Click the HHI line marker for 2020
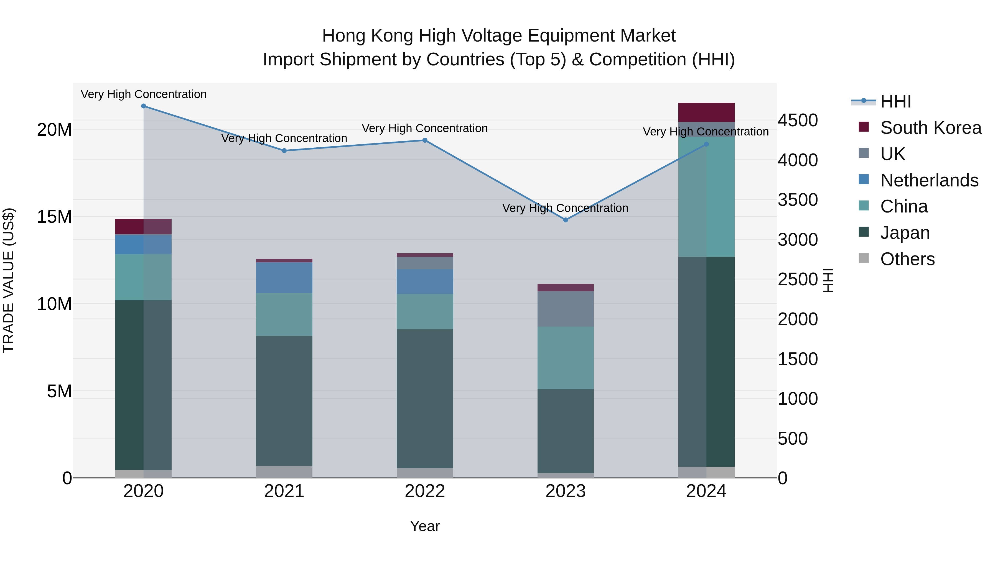pos(143,106)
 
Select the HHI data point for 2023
pos(565,220)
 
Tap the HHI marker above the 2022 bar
pos(425,140)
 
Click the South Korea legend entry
pos(931,128)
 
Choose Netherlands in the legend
pos(929,180)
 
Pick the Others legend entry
pos(907,259)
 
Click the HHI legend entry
pos(895,101)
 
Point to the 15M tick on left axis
pos(54,217)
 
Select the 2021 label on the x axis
pos(284,491)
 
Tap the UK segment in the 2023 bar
pos(565,309)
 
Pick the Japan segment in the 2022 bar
pos(425,398)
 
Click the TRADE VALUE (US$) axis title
pos(9,280)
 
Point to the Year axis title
pos(425,526)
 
